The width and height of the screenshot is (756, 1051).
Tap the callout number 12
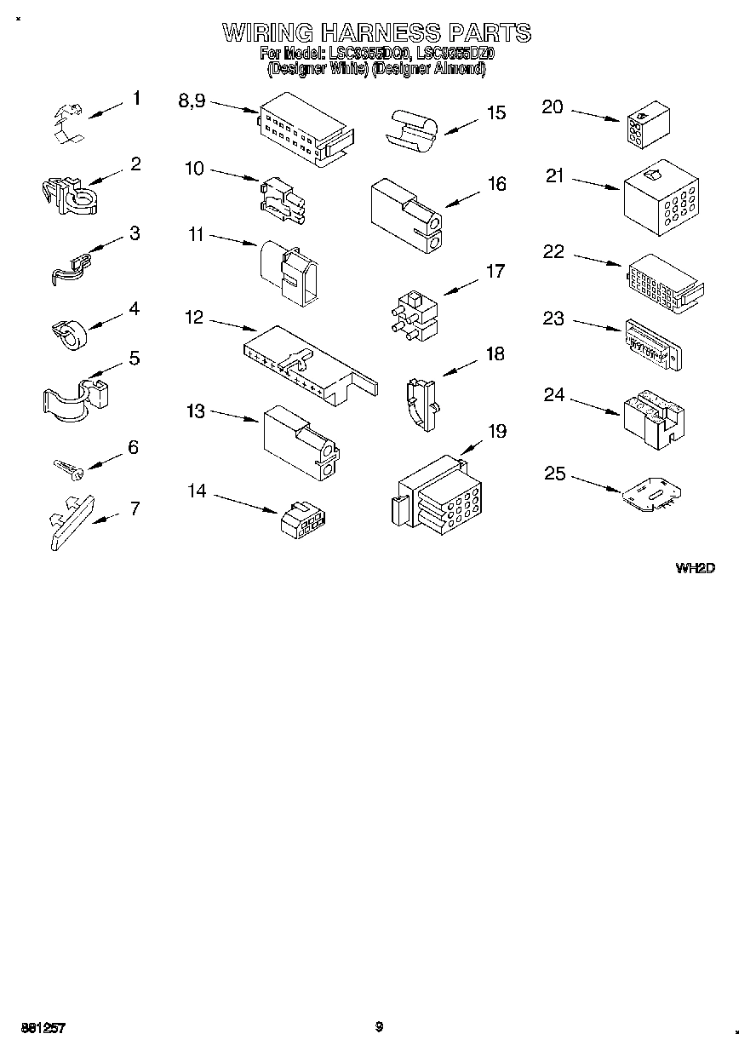pyautogui.click(x=194, y=318)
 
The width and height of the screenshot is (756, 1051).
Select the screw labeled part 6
pyautogui.click(x=67, y=467)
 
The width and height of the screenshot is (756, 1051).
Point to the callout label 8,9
pyautogui.click(x=192, y=101)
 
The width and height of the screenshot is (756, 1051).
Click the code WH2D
pyautogui.click(x=695, y=568)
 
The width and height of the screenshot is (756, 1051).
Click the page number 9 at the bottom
pyautogui.click(x=379, y=1026)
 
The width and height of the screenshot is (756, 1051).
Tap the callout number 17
pyautogui.click(x=495, y=272)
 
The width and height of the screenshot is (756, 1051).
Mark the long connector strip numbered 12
pyautogui.click(x=306, y=363)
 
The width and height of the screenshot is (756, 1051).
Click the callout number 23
pyautogui.click(x=553, y=319)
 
